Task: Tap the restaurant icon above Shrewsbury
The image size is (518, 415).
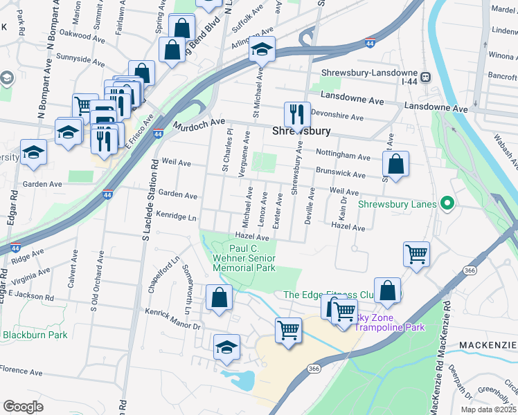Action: click(x=297, y=115)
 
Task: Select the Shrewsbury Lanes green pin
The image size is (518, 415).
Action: click(x=447, y=203)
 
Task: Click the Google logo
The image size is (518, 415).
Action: click(x=23, y=406)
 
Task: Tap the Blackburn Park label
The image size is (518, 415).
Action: click(x=35, y=335)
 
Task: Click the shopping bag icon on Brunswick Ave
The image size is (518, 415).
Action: click(x=395, y=165)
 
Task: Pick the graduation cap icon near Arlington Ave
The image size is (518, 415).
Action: click(x=262, y=49)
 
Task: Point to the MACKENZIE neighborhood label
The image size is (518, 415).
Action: click(x=488, y=344)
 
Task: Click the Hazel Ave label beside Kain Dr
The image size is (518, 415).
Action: click(x=348, y=226)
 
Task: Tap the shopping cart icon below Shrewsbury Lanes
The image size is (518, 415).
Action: click(x=416, y=254)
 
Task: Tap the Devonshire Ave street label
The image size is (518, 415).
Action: click(x=337, y=117)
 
